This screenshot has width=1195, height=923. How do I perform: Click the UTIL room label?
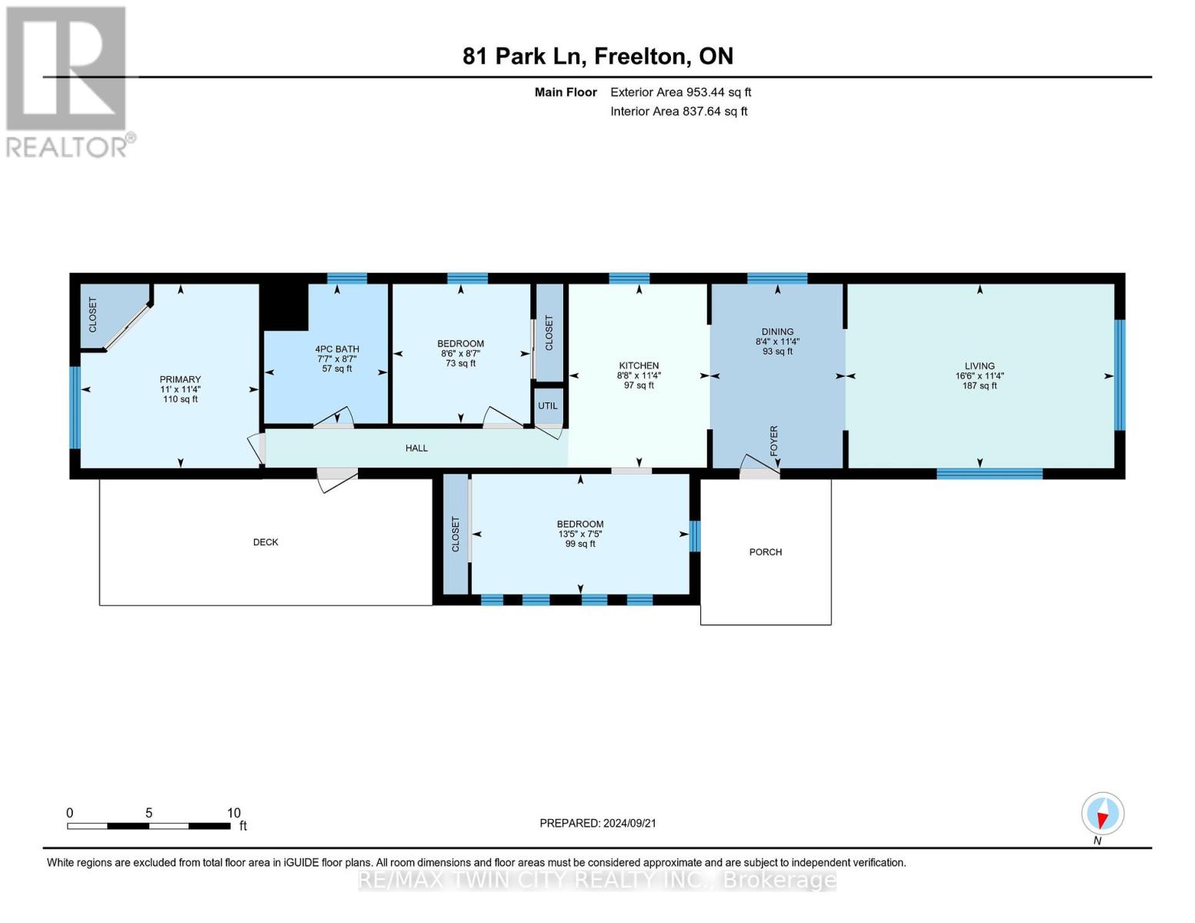coord(547,405)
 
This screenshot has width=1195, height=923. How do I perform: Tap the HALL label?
coord(416,448)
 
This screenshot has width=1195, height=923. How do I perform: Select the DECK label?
coord(265,542)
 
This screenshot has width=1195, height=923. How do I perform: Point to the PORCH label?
coord(766,552)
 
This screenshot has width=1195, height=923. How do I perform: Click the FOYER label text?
coord(774,441)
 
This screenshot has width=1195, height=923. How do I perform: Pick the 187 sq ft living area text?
coord(980,385)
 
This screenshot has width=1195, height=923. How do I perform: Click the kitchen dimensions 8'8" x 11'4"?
coord(639,375)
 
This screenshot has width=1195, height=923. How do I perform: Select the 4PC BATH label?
coord(337,348)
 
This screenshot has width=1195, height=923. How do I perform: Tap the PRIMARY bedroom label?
coord(180,379)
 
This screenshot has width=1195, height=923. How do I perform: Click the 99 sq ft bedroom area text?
coord(580,544)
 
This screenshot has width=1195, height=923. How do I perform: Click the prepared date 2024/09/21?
coord(629,823)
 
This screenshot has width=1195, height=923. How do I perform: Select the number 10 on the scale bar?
coord(234,812)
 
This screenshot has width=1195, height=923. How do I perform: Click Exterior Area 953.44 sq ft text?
coord(681,92)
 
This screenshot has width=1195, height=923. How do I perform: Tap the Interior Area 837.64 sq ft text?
coord(679,111)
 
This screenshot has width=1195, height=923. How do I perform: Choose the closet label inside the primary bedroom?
coord(92,315)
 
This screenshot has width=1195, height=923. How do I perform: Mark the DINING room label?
coord(777,332)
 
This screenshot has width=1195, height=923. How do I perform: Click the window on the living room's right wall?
coord(1119,375)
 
